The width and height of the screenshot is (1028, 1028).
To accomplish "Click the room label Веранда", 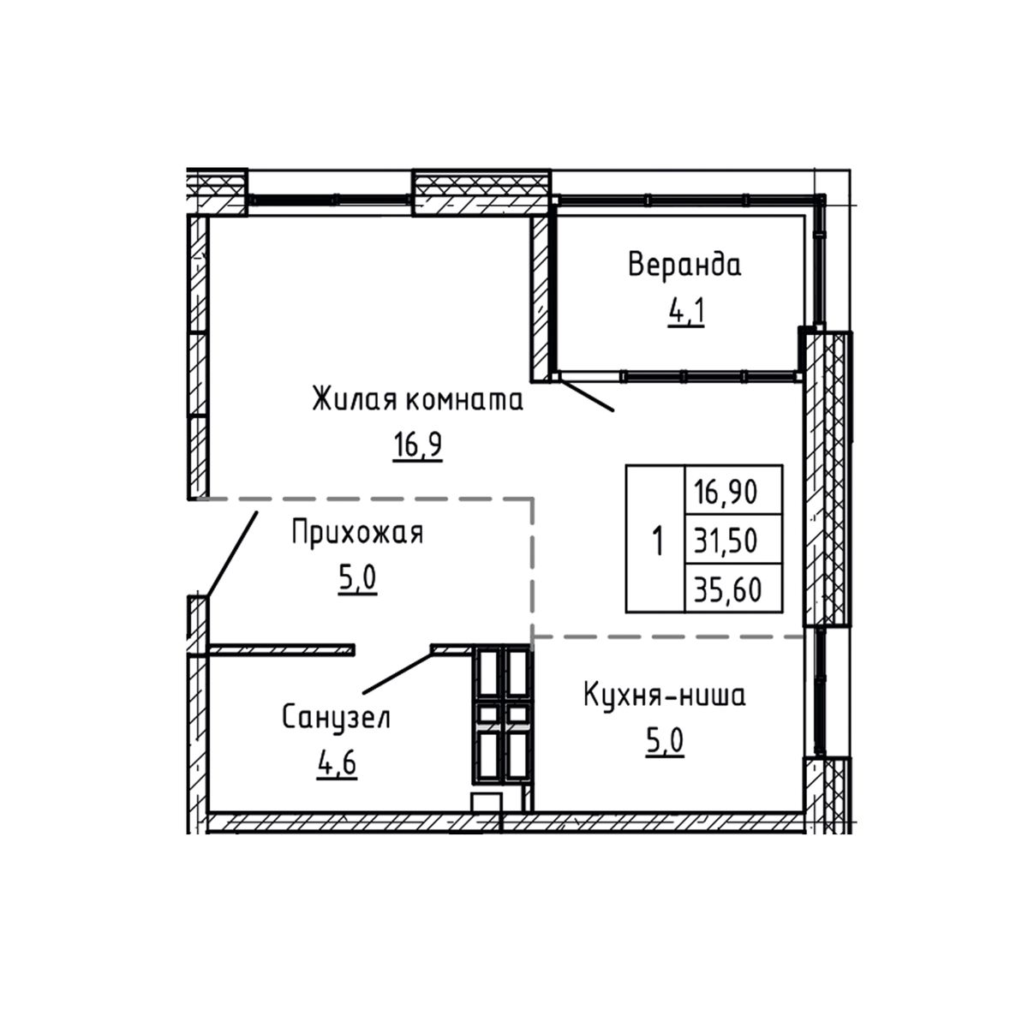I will point(684,265).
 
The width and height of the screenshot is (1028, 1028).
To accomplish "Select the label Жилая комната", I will point(417,400).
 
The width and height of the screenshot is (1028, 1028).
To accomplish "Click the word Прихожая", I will point(357,533).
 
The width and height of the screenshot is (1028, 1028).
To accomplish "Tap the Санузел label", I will point(336,718).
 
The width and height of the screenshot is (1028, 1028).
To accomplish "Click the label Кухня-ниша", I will point(664,696).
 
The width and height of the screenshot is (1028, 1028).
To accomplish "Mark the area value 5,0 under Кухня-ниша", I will point(664,740).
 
